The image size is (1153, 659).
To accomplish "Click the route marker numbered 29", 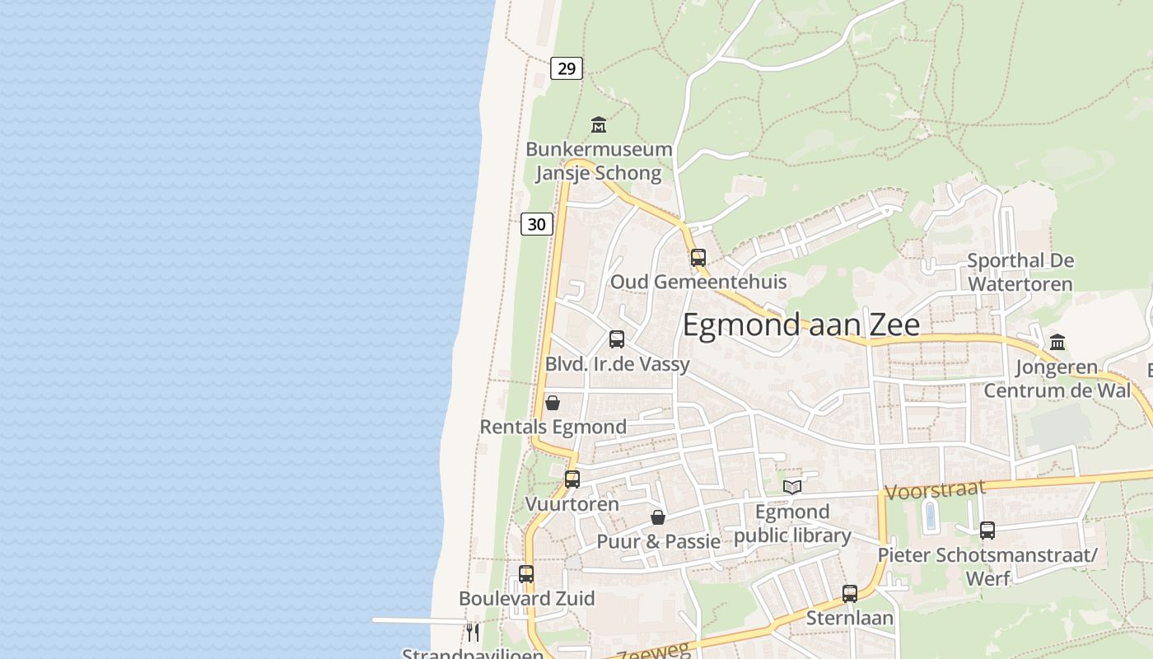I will [567, 68].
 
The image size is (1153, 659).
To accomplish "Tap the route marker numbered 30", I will [537, 223].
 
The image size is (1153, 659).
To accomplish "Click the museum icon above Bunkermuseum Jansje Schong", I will [599, 125].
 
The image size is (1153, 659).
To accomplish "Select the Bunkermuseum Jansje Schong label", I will [599, 161].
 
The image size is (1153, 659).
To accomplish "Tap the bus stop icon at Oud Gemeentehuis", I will [698, 257].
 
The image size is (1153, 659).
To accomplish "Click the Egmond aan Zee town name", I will [801, 325].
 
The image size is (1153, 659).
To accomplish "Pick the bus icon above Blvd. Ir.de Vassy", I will [617, 339].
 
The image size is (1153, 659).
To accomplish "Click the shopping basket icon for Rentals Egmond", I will [553, 403].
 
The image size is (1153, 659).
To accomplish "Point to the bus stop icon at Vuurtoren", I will [572, 479].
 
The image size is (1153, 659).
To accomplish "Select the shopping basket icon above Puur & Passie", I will [658, 517].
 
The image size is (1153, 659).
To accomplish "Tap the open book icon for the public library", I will [792, 487].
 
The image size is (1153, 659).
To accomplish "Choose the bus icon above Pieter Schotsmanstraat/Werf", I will [987, 530].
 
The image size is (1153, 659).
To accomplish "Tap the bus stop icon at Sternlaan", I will [850, 593].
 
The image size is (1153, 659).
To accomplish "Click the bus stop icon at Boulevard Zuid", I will [526, 574].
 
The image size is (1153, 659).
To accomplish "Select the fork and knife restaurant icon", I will [473, 632].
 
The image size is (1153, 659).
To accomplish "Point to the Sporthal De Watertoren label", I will [1020, 273].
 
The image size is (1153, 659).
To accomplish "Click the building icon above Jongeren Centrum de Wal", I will [1057, 342].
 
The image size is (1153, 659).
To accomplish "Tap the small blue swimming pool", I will [931, 516].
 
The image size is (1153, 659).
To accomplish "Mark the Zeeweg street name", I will [642, 652].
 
